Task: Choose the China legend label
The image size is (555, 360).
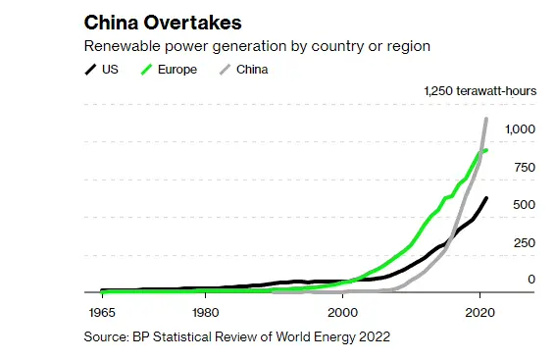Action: click(251, 70)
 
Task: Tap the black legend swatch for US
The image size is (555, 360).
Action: click(91, 70)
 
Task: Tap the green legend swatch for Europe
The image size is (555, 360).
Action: click(149, 70)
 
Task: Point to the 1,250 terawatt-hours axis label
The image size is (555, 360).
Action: click(480, 91)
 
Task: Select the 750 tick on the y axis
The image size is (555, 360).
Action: click(525, 168)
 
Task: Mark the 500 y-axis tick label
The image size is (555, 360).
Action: click(525, 205)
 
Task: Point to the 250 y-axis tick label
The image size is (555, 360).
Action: click(525, 243)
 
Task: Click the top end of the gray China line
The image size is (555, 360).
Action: click(487, 119)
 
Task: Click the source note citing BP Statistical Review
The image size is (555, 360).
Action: click(237, 336)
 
